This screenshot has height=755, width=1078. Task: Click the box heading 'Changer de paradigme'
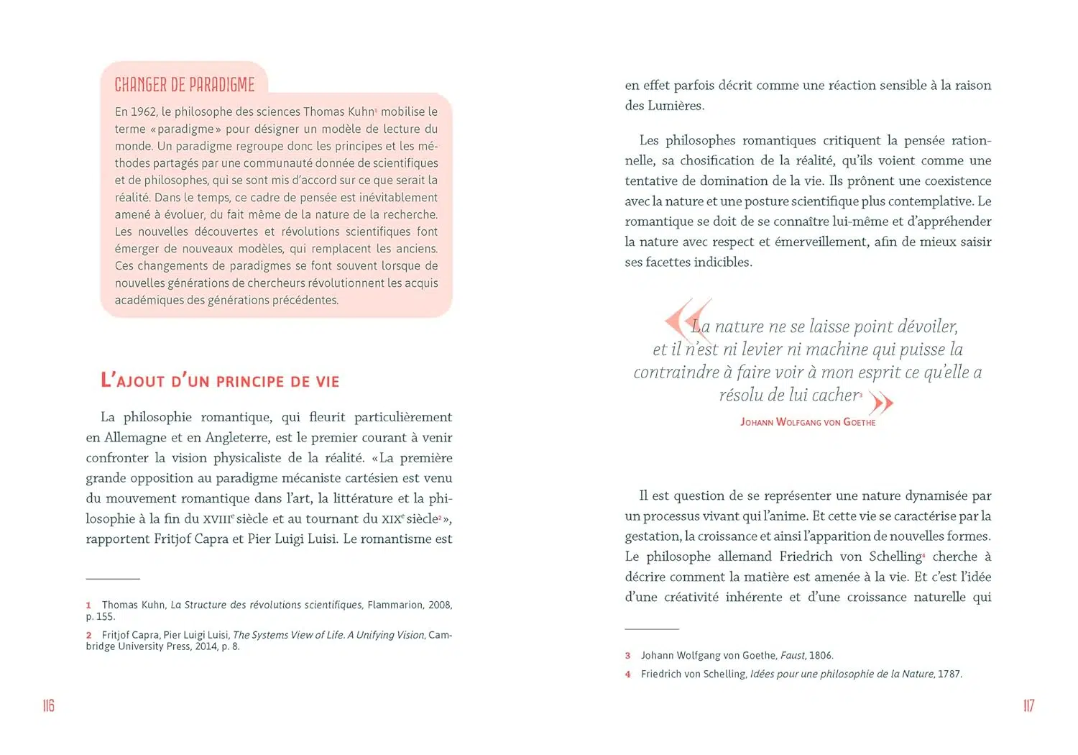click(x=185, y=85)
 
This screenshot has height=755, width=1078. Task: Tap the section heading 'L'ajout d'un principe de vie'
click(x=220, y=381)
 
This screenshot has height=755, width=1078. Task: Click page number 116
click(x=49, y=705)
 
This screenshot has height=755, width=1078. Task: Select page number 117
click(x=1028, y=705)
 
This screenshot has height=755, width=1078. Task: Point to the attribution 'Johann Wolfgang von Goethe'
click(x=808, y=422)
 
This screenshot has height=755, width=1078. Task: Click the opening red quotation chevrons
click(x=687, y=319)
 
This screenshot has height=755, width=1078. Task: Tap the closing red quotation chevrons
click(x=881, y=403)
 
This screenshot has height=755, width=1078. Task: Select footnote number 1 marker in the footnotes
click(x=88, y=605)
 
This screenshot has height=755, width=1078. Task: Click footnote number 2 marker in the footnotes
click(x=88, y=636)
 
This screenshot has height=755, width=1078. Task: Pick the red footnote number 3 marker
click(x=627, y=656)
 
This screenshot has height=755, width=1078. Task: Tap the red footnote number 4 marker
click(x=627, y=674)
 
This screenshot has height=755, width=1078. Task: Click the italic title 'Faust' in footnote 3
click(x=792, y=656)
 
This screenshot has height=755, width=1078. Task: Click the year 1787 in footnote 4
click(x=949, y=674)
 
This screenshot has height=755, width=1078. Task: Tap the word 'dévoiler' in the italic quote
click(x=928, y=326)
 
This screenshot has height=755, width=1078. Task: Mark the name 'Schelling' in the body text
click(x=895, y=557)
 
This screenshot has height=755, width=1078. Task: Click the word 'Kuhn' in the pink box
click(x=361, y=111)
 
